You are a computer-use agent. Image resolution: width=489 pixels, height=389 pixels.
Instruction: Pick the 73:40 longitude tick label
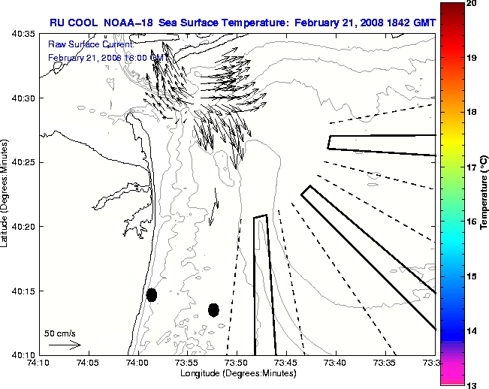point(336,363)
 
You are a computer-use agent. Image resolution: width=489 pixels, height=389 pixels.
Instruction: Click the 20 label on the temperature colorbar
point(472,3)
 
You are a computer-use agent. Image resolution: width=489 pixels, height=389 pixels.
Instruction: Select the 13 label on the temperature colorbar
point(472,385)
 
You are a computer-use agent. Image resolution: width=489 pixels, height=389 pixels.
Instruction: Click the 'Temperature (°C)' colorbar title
point(485,194)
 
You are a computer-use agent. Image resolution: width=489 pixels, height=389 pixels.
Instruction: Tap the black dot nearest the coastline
point(152,294)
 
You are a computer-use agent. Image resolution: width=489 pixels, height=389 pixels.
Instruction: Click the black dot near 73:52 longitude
point(213,309)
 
